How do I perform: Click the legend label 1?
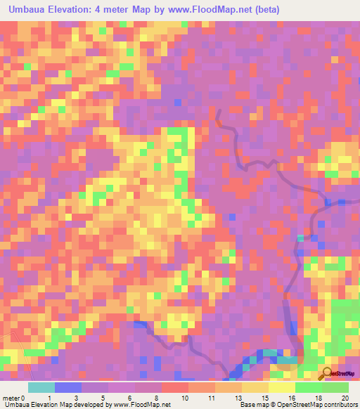pyautogui.click(x=49, y=397)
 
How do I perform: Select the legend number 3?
pyautogui.click(x=75, y=397)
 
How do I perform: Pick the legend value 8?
pyautogui.click(x=155, y=397)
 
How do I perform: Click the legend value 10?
pyautogui.click(x=184, y=397)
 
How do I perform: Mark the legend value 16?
pyautogui.click(x=290, y=397)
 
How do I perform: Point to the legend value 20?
pyautogui.click(x=344, y=397)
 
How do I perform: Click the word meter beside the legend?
pyautogui.click(x=11, y=397)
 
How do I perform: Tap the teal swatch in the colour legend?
pyautogui.click(x=41, y=387)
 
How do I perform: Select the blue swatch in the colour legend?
pyautogui.click(x=68, y=387)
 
